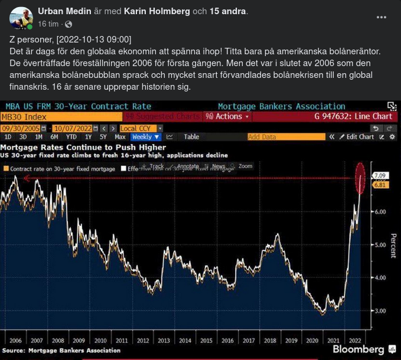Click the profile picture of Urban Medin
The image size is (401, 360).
pos(21,18)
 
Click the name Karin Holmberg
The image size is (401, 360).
pos(158,11)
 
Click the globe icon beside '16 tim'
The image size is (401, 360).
pos(69,24)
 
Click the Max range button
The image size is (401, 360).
pos(120,137)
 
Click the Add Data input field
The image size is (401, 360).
pos(286,137)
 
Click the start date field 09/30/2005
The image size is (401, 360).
pos(20,128)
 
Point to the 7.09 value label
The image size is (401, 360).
pos(379,175)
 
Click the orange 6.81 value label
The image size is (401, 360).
pos(379,185)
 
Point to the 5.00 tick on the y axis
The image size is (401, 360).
pos(379,244)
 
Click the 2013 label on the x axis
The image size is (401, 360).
pos(164,341)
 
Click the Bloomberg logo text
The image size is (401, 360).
pos(359,349)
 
